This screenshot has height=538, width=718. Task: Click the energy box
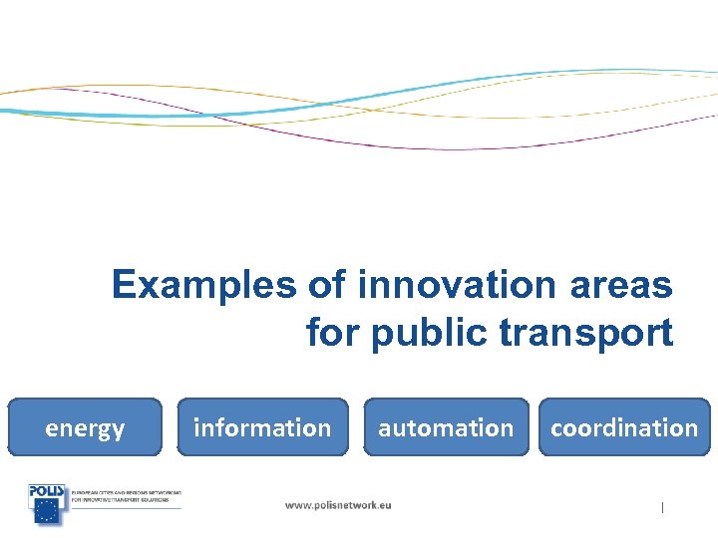tap(85, 427)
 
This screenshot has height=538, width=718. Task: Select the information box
tap(262, 427)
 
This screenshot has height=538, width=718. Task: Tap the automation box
tap(446, 427)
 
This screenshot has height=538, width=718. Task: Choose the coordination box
tap(624, 427)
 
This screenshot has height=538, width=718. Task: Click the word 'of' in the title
tap(326, 285)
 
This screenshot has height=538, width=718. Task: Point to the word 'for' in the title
tap(334, 332)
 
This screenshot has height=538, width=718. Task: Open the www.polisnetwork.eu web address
tap(338, 505)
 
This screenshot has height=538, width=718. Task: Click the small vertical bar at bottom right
tap(662, 508)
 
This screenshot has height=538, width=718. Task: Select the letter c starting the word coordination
tap(556, 428)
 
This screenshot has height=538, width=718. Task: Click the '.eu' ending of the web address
tap(383, 505)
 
